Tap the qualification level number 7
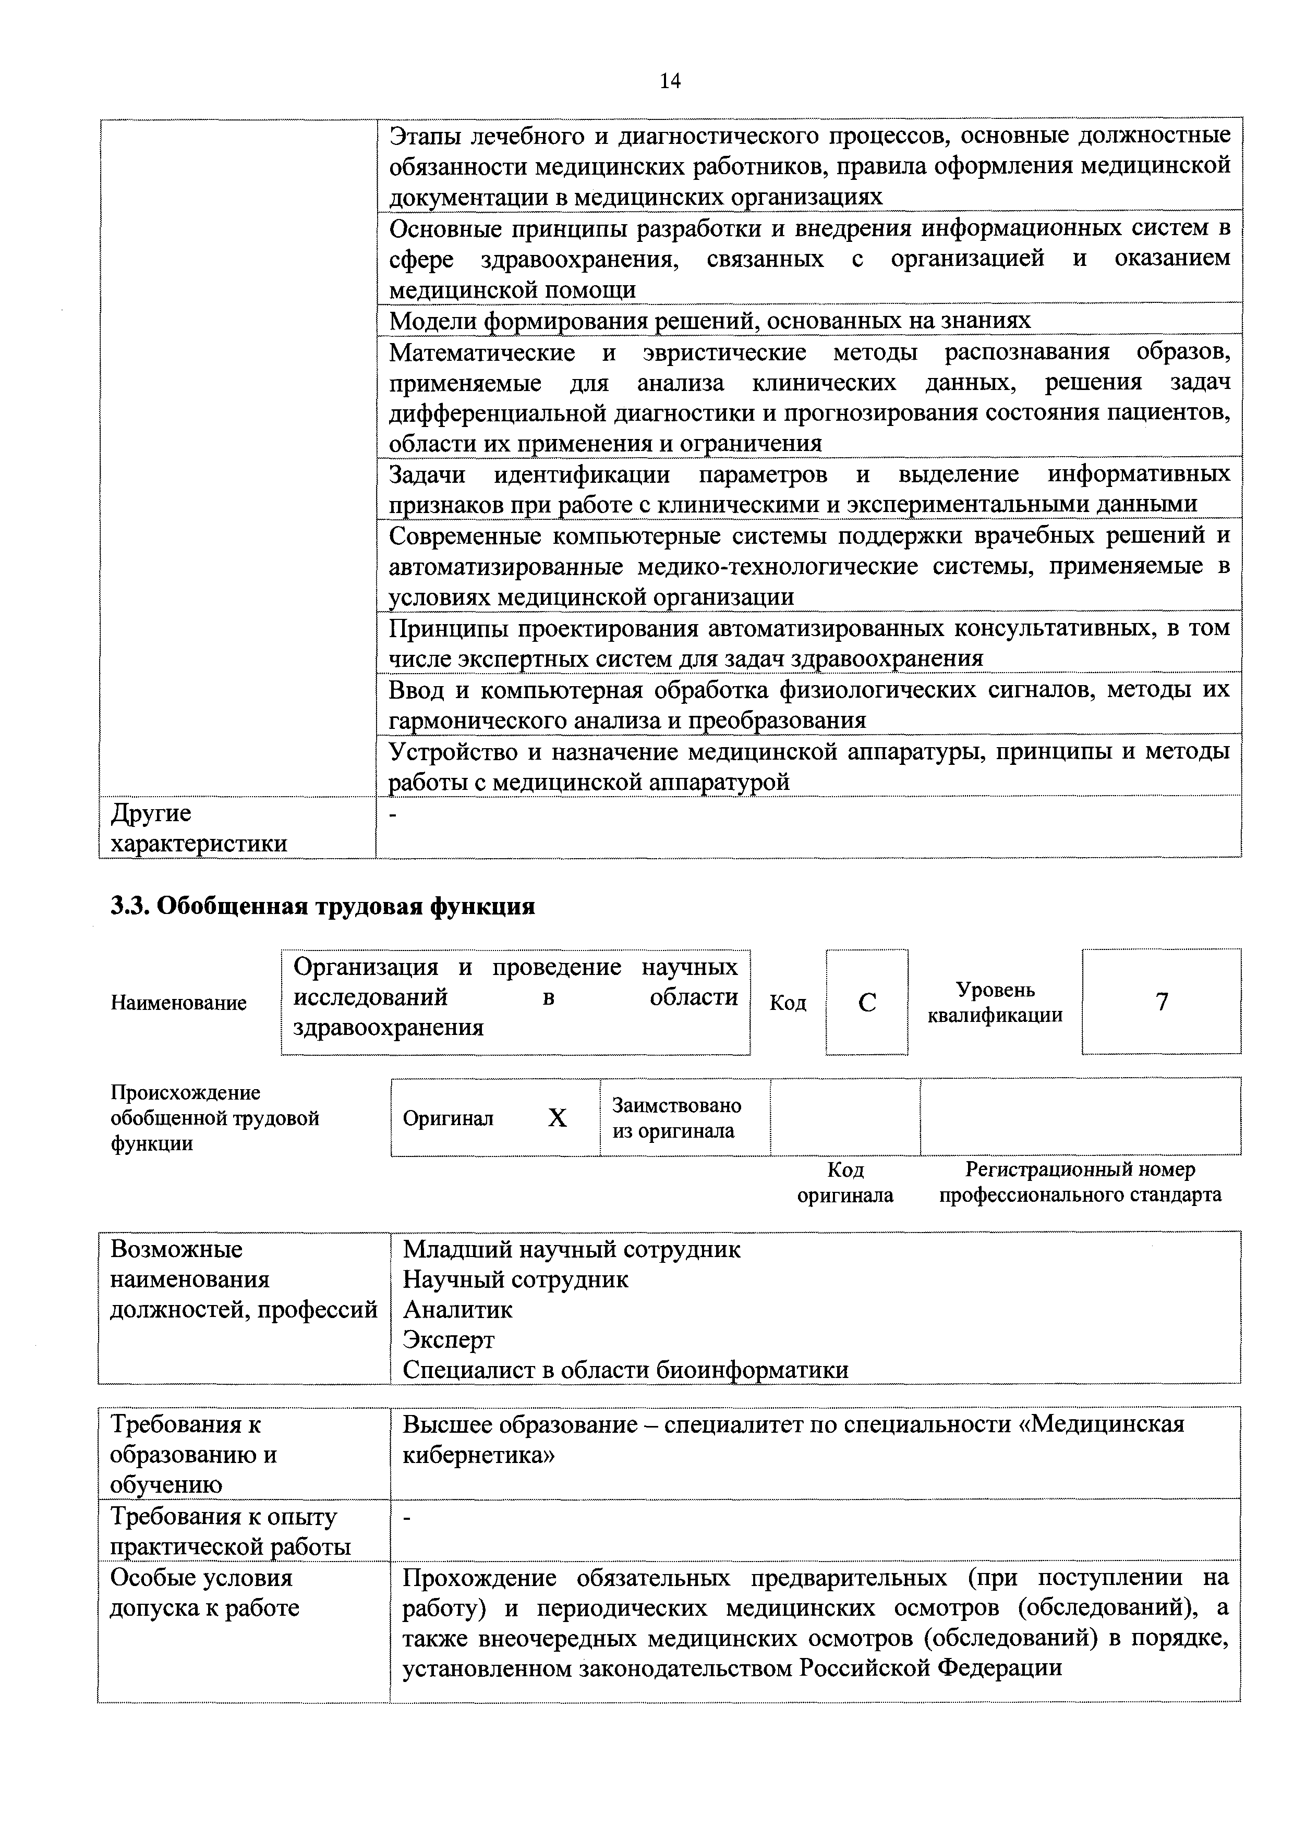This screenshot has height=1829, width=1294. coord(1162,1002)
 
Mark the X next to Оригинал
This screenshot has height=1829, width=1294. coord(557,1119)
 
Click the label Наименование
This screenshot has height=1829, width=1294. coord(178,1003)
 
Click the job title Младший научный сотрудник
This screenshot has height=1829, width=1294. coord(571,1249)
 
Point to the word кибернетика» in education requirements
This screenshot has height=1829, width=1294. coord(478,1455)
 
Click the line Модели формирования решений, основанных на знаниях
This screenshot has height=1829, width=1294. coord(709,320)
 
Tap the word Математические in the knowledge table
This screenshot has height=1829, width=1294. coord(482,352)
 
